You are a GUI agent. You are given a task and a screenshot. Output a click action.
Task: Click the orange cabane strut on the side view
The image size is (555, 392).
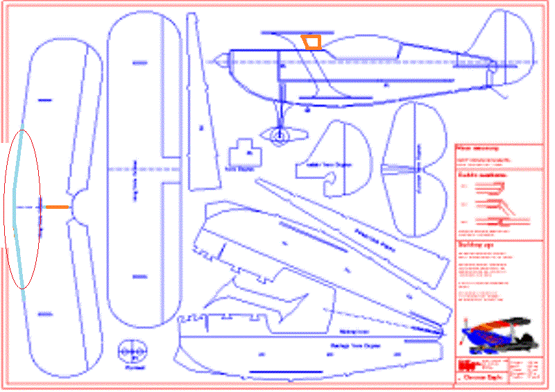pos(312,42)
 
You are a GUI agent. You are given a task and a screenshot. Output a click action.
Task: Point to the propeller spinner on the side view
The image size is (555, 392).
pos(217,62)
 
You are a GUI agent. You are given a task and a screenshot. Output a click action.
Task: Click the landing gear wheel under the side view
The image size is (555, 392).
pos(278,136)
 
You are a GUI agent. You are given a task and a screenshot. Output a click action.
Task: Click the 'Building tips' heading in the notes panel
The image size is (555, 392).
pos(472,246)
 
